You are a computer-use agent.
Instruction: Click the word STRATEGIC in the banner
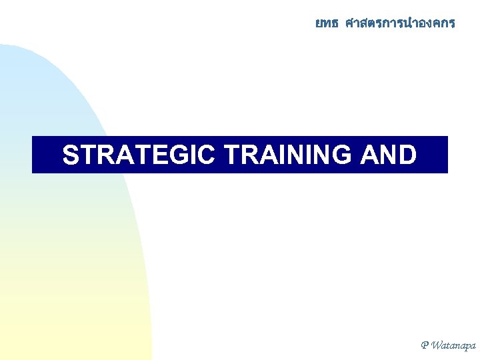pyautogui.click(x=138, y=155)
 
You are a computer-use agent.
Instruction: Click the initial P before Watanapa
pyautogui.click(x=425, y=345)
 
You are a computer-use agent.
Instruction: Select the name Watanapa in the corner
pyautogui.click(x=454, y=345)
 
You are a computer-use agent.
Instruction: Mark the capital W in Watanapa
pyautogui.click(x=437, y=345)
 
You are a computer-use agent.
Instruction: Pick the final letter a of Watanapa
pyautogui.click(x=472, y=346)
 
